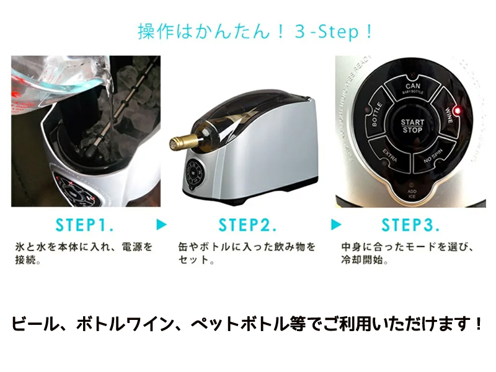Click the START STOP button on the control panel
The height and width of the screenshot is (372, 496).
(x=412, y=126)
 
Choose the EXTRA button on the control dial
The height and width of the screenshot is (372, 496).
(x=390, y=156)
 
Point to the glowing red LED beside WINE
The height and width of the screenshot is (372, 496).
(x=457, y=112)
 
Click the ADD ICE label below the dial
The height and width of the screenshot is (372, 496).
(x=412, y=194)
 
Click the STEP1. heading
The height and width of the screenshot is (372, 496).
(x=84, y=225)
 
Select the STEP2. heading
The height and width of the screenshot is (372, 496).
(x=247, y=225)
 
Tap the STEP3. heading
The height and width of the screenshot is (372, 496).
(x=410, y=225)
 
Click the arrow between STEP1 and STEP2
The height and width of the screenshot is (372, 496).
(x=161, y=224)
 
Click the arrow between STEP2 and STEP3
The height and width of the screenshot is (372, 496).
(x=336, y=224)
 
